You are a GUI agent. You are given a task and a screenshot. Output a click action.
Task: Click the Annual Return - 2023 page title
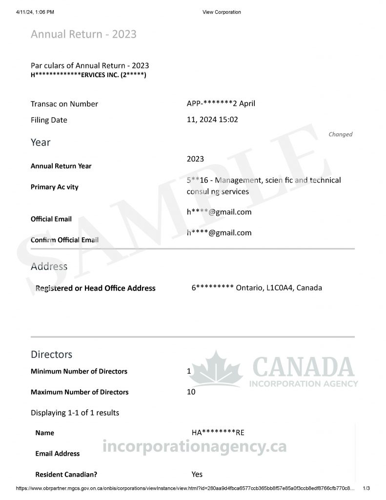pyautogui.click(x=83, y=34)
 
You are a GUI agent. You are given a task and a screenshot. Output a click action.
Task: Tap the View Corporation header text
pyautogui.click(x=222, y=12)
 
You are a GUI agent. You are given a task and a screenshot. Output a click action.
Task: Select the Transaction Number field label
pyautogui.click(x=64, y=104)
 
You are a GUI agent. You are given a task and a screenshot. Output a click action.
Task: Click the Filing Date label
pyautogui.click(x=49, y=120)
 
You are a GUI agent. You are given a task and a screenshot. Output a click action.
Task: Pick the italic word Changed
pyautogui.click(x=340, y=134)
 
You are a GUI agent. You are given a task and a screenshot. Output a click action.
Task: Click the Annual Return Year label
pyautogui.click(x=61, y=166)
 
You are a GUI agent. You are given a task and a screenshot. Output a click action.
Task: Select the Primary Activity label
pyautogui.click(x=54, y=187)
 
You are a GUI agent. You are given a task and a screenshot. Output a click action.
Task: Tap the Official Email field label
pyautogui.click(x=51, y=219)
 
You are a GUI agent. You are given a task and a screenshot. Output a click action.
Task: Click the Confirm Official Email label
pyautogui.click(x=64, y=240)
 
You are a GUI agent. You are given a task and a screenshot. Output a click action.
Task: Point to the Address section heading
pyautogui.click(x=49, y=267)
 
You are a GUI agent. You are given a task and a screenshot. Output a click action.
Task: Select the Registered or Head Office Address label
pyautogui.click(x=95, y=289)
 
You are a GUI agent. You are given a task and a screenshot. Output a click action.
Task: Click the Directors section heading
pyautogui.click(x=51, y=354)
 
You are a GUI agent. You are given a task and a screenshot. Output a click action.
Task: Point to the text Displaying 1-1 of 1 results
pyautogui.click(x=75, y=413)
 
